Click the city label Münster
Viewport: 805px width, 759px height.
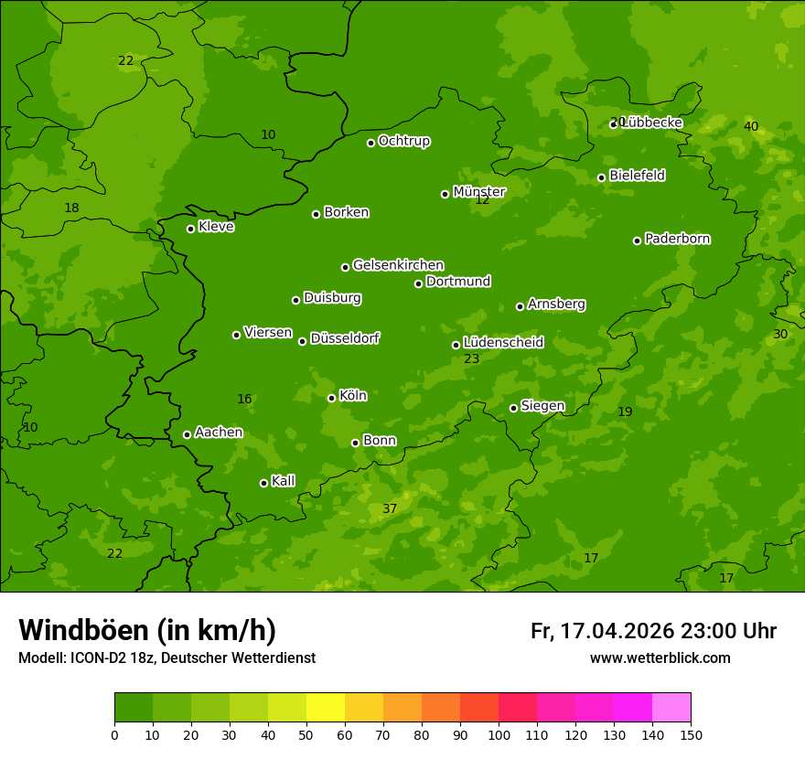(479, 192)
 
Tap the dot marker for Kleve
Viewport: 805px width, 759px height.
(190, 229)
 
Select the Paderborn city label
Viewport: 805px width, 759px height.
(678, 239)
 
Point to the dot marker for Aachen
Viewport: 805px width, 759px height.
(187, 434)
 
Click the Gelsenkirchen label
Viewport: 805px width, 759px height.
(398, 265)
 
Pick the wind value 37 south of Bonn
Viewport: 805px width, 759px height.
(390, 508)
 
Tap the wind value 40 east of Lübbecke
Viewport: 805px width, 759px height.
(751, 126)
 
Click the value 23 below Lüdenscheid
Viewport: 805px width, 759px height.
(472, 358)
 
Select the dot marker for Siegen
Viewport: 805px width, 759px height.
(513, 408)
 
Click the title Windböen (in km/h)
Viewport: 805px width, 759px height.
(147, 630)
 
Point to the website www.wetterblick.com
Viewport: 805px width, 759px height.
(660, 657)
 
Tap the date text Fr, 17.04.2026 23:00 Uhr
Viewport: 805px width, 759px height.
(653, 631)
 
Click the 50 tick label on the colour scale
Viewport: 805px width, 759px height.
(306, 734)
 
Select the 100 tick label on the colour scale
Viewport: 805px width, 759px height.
(499, 734)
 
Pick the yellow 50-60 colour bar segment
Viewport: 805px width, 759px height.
(326, 708)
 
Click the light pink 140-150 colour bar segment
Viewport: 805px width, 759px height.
(671, 708)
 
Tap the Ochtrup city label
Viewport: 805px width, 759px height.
(404, 141)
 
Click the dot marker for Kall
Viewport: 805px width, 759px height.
(263, 483)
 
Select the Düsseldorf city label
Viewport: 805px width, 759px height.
(345, 338)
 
